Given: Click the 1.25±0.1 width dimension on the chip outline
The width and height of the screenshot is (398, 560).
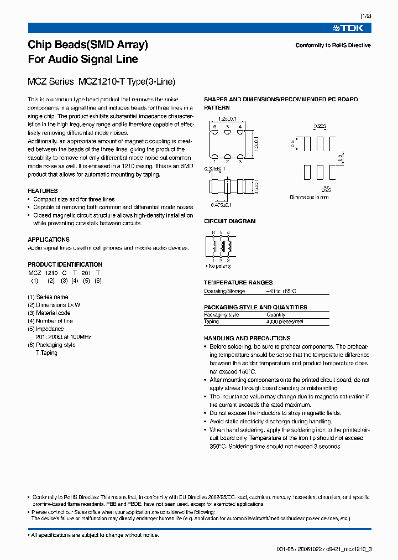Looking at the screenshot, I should click(227, 118).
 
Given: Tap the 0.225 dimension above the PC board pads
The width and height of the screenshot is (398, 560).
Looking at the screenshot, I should click(320, 126).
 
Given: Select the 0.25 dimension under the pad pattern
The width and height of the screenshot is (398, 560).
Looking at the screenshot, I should click(326, 190).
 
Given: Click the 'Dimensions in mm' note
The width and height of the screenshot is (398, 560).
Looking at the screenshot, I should click(309, 197).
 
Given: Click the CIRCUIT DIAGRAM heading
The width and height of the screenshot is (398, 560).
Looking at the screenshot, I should click(229, 221).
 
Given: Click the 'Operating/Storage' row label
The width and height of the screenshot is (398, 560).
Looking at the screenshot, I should click(222, 291).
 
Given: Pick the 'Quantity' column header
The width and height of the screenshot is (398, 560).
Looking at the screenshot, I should click(276, 314).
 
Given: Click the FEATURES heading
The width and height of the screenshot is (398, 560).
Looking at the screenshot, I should click(43, 191).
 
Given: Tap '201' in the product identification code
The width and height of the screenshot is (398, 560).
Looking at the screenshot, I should click(86, 273).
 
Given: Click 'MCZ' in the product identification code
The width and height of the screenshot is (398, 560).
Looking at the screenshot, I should click(34, 273).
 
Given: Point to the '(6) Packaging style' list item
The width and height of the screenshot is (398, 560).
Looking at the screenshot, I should click(51, 345).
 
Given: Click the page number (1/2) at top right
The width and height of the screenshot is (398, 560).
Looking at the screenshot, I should click(365, 15).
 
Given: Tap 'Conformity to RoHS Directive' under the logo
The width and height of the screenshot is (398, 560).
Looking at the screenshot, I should click(333, 45).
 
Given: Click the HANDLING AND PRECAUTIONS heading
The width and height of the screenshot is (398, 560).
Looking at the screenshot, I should click(247, 338).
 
